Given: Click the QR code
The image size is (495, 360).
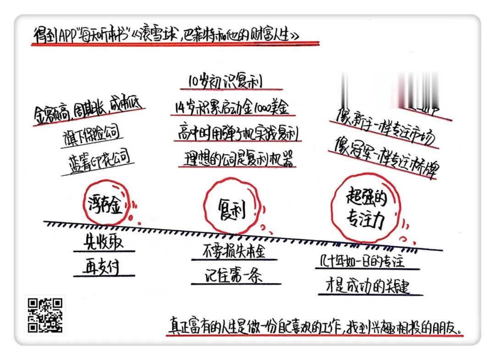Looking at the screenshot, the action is tap(45, 315).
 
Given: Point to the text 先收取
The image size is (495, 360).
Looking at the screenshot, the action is tap(104, 241).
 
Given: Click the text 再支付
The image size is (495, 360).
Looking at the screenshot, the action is tap(104, 267).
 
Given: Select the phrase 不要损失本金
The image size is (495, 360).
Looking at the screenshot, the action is tap(234, 251).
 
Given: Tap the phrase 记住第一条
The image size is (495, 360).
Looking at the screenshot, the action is tap(234, 276).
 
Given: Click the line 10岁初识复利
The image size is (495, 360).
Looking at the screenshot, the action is tap(228, 82).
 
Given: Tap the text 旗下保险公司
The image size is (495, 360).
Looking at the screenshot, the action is tap(91, 134).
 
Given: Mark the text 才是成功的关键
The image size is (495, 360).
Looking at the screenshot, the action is tap(369, 287).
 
